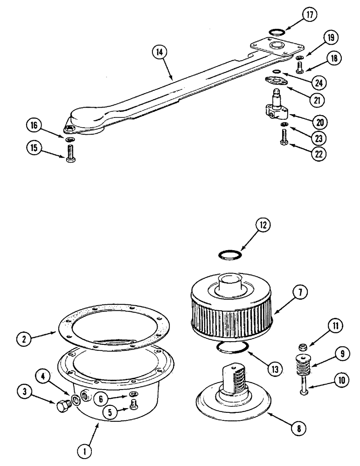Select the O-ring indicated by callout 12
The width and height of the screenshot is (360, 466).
[x=230, y=255]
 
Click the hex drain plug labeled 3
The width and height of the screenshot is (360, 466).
[x=62, y=405]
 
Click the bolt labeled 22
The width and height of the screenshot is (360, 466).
[x=284, y=138]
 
